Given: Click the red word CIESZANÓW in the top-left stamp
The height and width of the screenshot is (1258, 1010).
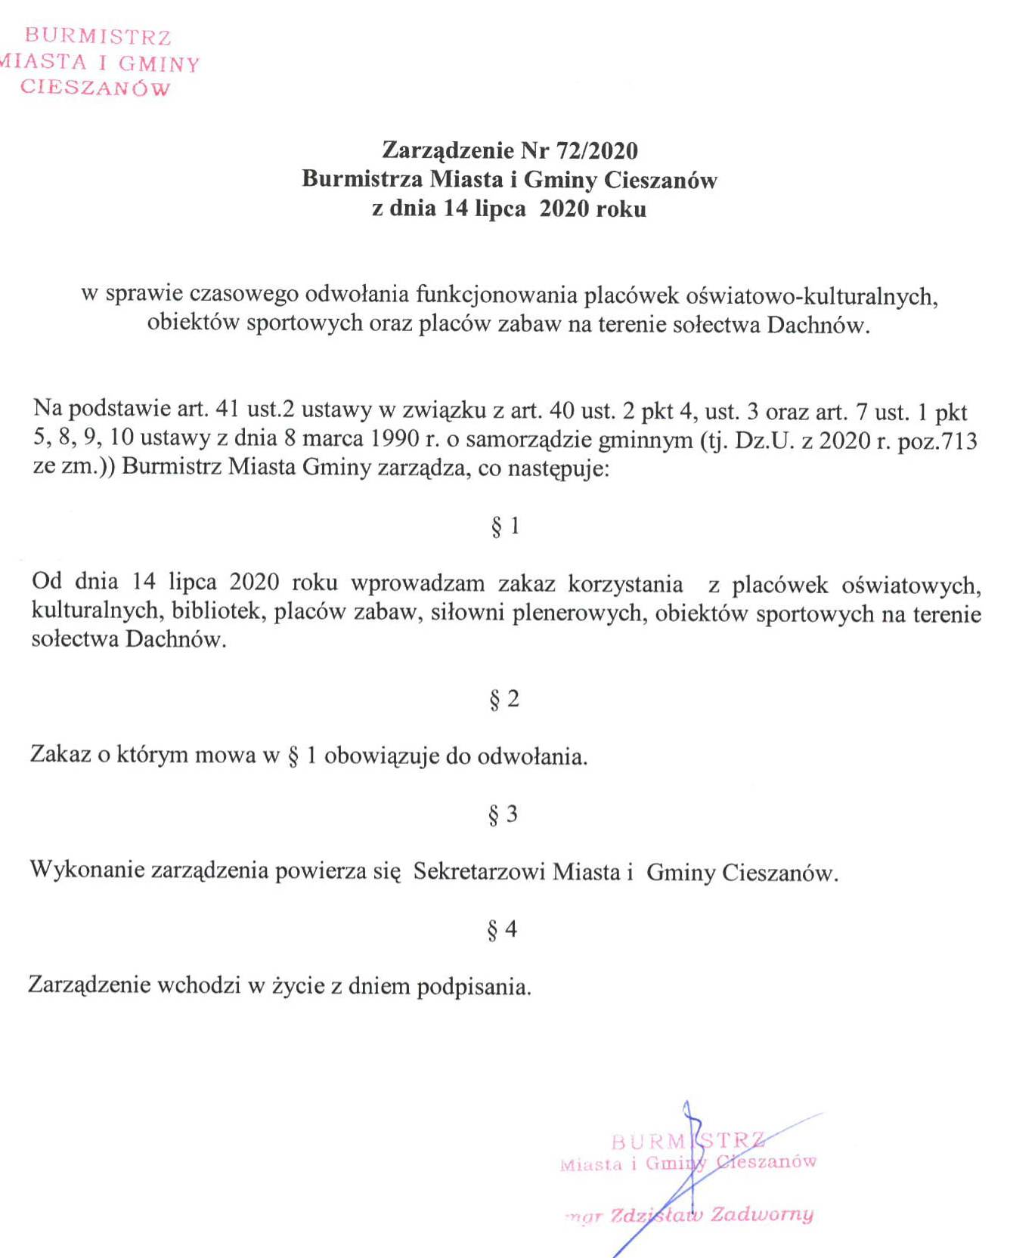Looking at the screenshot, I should click(x=95, y=88).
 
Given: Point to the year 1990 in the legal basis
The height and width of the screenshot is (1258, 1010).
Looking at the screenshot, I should click(x=398, y=439).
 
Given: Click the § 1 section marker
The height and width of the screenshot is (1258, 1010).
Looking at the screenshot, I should click(x=505, y=526).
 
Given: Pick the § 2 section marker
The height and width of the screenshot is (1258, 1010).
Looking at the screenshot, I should click(x=504, y=699).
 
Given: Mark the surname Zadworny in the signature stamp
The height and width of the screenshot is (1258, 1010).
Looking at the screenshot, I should click(x=762, y=1214).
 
